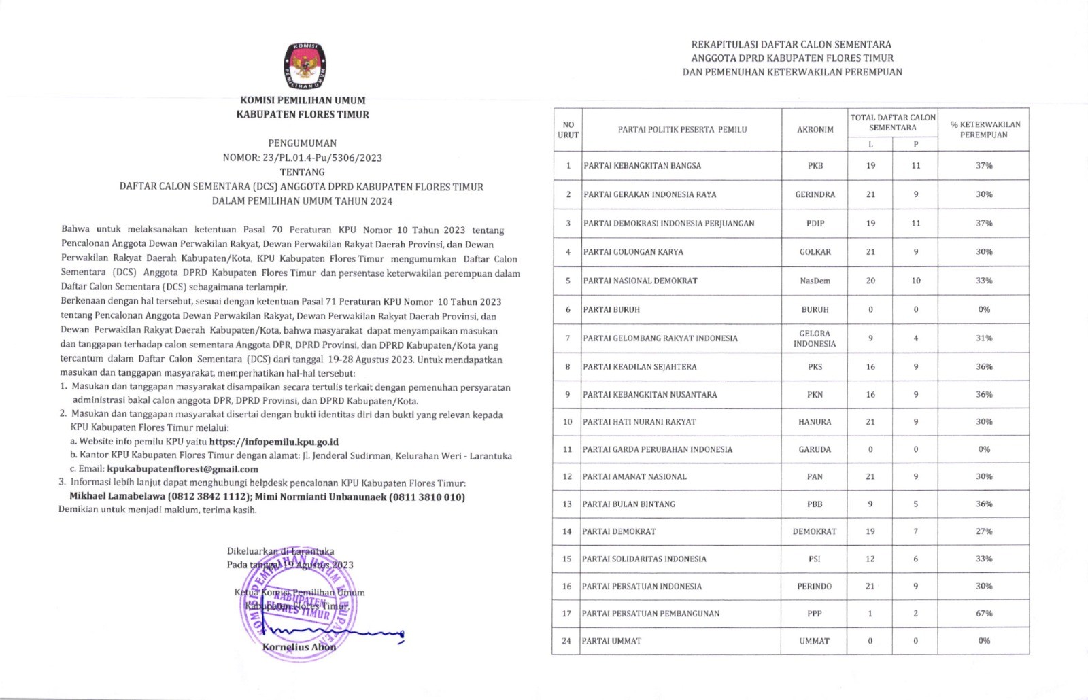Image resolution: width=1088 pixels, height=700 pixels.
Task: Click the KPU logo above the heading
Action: coord(304,66)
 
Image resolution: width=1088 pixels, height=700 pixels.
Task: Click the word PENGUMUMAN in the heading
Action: coord(302,143)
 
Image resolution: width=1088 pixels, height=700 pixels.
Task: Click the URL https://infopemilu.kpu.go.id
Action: coord(274,442)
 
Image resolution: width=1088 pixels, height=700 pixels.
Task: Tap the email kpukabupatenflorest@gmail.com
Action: coord(183,469)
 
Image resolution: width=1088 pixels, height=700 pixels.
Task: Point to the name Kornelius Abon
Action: coord(299,647)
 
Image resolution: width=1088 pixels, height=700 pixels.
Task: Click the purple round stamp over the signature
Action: coord(299,605)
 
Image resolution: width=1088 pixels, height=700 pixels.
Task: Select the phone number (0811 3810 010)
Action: coord(427,497)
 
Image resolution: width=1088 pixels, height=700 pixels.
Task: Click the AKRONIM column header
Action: coord(815,129)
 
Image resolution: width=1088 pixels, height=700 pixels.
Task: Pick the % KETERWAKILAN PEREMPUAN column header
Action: coord(984,129)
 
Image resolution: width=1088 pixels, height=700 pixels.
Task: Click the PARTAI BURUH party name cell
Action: coord(611,309)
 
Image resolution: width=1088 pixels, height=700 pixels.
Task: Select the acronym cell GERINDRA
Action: coord(815,194)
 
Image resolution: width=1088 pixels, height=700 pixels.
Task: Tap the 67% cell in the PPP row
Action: coord(984,614)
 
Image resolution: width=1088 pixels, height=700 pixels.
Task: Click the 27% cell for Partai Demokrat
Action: coord(984,531)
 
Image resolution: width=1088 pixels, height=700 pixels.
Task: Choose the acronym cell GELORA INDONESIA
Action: coord(815,338)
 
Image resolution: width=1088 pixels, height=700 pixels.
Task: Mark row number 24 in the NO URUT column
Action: coord(566,641)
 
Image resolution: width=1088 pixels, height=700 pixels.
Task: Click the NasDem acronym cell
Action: coord(815,281)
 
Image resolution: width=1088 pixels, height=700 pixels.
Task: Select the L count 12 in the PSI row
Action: coord(870,559)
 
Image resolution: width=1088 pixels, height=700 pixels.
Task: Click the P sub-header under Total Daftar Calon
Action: coord(916,144)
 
